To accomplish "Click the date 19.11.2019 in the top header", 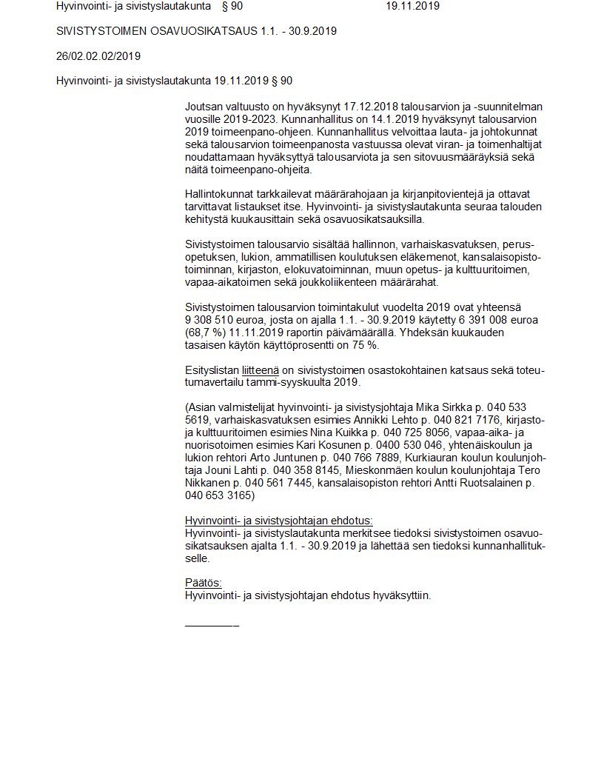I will click(412, 6).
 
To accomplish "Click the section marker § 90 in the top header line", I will click(232, 6).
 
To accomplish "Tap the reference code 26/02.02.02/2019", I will click(98, 56).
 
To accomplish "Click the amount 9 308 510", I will click(214, 319).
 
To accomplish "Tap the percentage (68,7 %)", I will click(206, 332).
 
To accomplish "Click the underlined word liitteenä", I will click(260, 370).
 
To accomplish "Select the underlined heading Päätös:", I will click(203, 582).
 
